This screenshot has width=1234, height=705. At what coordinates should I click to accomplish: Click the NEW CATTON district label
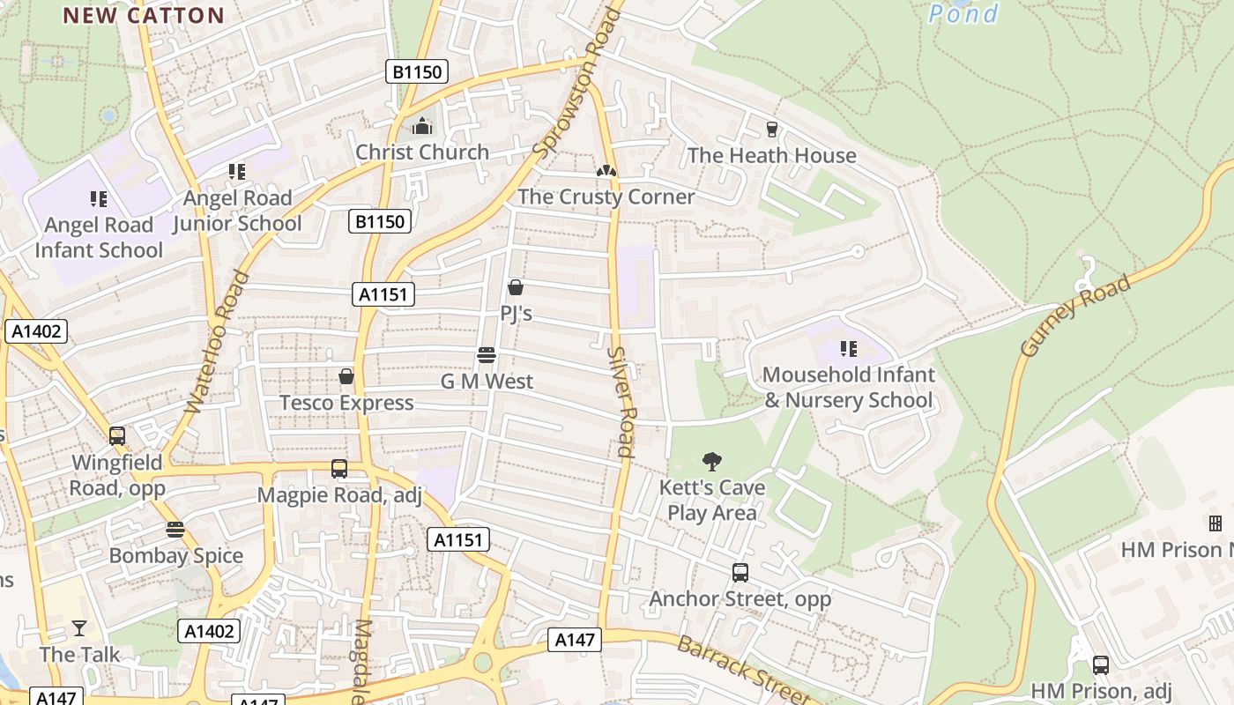[x=144, y=15]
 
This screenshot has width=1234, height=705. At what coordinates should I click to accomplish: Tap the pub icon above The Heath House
[x=772, y=130]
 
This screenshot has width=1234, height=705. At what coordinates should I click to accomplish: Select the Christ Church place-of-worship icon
[x=422, y=126]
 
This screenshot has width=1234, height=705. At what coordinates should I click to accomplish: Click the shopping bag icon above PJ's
[x=516, y=287]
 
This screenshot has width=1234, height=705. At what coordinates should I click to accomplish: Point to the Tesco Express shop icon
[x=346, y=376]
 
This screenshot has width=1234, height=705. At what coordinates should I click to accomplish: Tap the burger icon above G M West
[x=487, y=355]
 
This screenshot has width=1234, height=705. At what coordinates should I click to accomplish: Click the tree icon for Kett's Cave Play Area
[x=712, y=461]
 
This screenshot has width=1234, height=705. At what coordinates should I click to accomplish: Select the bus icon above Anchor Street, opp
[x=740, y=573]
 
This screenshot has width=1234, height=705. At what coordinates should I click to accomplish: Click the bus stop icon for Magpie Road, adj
[x=339, y=469]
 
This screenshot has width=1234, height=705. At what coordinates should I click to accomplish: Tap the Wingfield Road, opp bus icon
[x=117, y=436]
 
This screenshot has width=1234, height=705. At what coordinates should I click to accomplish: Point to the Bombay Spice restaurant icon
[x=175, y=530]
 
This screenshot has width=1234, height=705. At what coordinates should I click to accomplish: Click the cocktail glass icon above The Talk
[x=79, y=628]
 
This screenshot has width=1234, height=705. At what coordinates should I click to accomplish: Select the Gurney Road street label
[x=1075, y=317]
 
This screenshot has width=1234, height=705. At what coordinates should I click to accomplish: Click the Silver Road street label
[x=621, y=401]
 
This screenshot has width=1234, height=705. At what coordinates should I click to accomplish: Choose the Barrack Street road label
[x=742, y=669]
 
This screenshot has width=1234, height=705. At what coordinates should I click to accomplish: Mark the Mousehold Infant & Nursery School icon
[x=849, y=349]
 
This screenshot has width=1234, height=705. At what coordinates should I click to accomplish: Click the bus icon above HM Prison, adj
[x=1100, y=665]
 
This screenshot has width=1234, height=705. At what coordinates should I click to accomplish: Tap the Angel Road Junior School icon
[x=236, y=172]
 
